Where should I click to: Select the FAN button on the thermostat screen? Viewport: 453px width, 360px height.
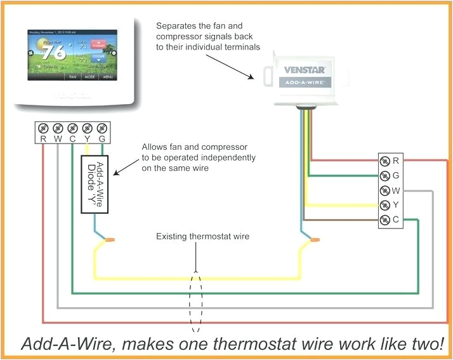tap(72, 76)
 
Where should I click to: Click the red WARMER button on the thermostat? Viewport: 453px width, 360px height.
tap(98, 46)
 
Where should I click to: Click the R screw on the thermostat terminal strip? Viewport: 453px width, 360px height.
tap(42, 127)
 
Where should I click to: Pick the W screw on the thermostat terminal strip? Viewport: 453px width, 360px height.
tap(57, 127)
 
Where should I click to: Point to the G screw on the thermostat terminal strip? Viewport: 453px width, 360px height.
tap(103, 127)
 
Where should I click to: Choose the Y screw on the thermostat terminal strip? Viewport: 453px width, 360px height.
tap(88, 127)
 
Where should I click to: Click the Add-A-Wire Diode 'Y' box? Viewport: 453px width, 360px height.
tap(95, 183)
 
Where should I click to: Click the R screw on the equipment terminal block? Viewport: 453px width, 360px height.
tap(385, 161)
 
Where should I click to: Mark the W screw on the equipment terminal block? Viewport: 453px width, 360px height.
tap(385, 190)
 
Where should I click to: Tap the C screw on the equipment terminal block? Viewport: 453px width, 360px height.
tap(385, 220)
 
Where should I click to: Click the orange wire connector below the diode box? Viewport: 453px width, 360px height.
tap(110, 240)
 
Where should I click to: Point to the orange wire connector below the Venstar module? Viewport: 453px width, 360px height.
tap(314, 241)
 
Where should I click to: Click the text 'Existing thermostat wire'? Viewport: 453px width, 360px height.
tap(203, 237)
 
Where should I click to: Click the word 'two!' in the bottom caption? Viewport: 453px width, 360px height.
tap(426, 345)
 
